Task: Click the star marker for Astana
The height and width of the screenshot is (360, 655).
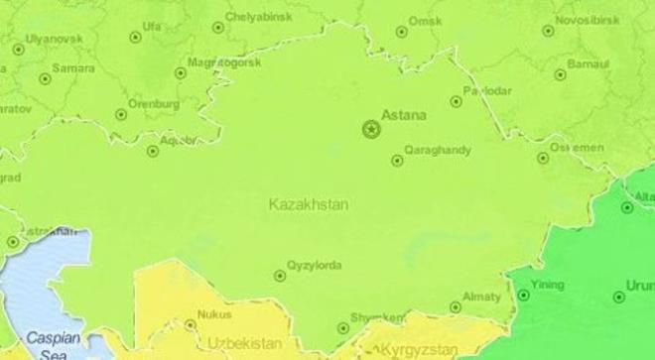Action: [371, 129]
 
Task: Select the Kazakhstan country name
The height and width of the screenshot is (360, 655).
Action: [309, 203]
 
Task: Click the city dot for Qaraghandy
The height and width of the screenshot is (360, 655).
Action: [397, 160]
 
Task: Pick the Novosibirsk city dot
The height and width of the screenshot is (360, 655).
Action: [548, 31]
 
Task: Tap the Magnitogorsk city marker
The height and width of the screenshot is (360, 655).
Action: [181, 72]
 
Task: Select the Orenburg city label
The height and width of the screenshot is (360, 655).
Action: [154, 101]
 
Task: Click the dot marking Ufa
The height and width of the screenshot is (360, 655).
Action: [136, 38]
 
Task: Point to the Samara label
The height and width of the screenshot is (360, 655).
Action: [73, 68]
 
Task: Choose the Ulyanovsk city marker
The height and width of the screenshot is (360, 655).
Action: [18, 49]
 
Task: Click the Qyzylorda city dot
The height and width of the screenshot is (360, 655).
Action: [280, 276]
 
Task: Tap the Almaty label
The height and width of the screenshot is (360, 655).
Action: [487, 296]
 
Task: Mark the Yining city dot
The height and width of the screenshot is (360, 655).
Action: [524, 295]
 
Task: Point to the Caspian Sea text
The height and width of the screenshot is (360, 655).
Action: [47, 343]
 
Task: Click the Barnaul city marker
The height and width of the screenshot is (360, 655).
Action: [560, 74]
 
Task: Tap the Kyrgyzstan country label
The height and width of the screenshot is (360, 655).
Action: [419, 349]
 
